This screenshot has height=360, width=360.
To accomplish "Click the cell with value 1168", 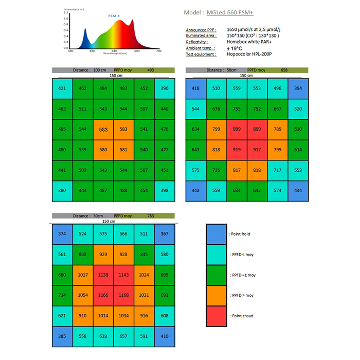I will point(124,295).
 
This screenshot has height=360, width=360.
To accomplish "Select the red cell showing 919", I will point(237,150).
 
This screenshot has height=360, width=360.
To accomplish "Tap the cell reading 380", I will point(62,191).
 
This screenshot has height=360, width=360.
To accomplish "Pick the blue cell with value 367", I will point(165,234).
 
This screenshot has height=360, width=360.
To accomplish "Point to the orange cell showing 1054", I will point(83,295).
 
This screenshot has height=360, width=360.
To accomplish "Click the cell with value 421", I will point(62,88).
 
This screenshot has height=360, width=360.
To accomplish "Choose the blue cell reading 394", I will point(298,88).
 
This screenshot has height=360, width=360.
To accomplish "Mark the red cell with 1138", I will point(103,275).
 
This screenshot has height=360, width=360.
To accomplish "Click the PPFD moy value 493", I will point(151,70).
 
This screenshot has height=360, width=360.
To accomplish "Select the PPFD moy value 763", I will point(151,216).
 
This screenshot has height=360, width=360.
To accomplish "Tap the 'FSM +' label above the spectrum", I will point(114,16).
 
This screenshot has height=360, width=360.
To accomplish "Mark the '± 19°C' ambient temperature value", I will point(236,48).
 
